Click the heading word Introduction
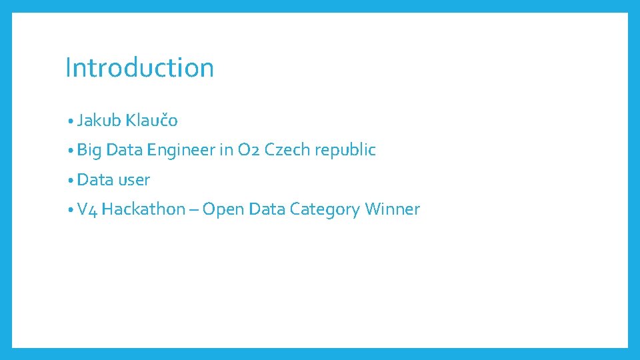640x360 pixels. click(139, 68)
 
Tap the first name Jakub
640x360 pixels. click(99, 121)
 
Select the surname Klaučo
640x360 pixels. click(151, 121)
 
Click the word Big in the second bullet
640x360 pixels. click(89, 151)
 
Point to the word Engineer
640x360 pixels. click(181, 150)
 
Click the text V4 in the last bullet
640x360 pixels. click(87, 209)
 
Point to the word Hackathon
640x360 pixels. click(143, 209)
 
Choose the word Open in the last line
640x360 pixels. click(223, 210)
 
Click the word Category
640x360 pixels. click(325, 210)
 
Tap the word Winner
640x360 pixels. click(393, 209)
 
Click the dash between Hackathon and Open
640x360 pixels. click(193, 210)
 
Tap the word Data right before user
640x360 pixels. click(95, 180)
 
